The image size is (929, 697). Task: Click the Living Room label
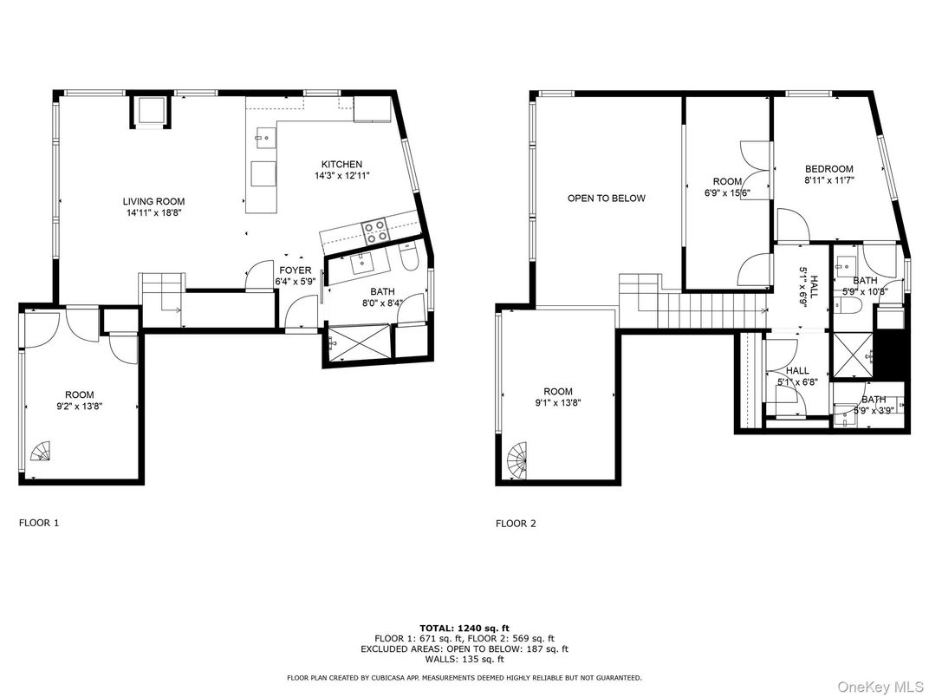[153, 201]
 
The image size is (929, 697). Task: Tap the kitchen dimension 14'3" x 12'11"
[342, 175]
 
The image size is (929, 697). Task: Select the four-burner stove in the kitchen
[375, 231]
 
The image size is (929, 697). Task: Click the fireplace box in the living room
[151, 111]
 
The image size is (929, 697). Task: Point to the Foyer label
[295, 270]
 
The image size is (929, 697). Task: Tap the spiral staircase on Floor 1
[42, 451]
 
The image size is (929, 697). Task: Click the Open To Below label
[606, 199]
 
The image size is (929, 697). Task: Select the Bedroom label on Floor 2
[828, 169]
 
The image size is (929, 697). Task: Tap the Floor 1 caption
[39, 523]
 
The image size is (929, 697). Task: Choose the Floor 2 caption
[516, 524]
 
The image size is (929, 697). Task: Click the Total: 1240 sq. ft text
[464, 629]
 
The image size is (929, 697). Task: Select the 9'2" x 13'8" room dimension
[80, 406]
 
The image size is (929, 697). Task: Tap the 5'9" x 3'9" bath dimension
[874, 409]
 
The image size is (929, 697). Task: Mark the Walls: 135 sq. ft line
[464, 659]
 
